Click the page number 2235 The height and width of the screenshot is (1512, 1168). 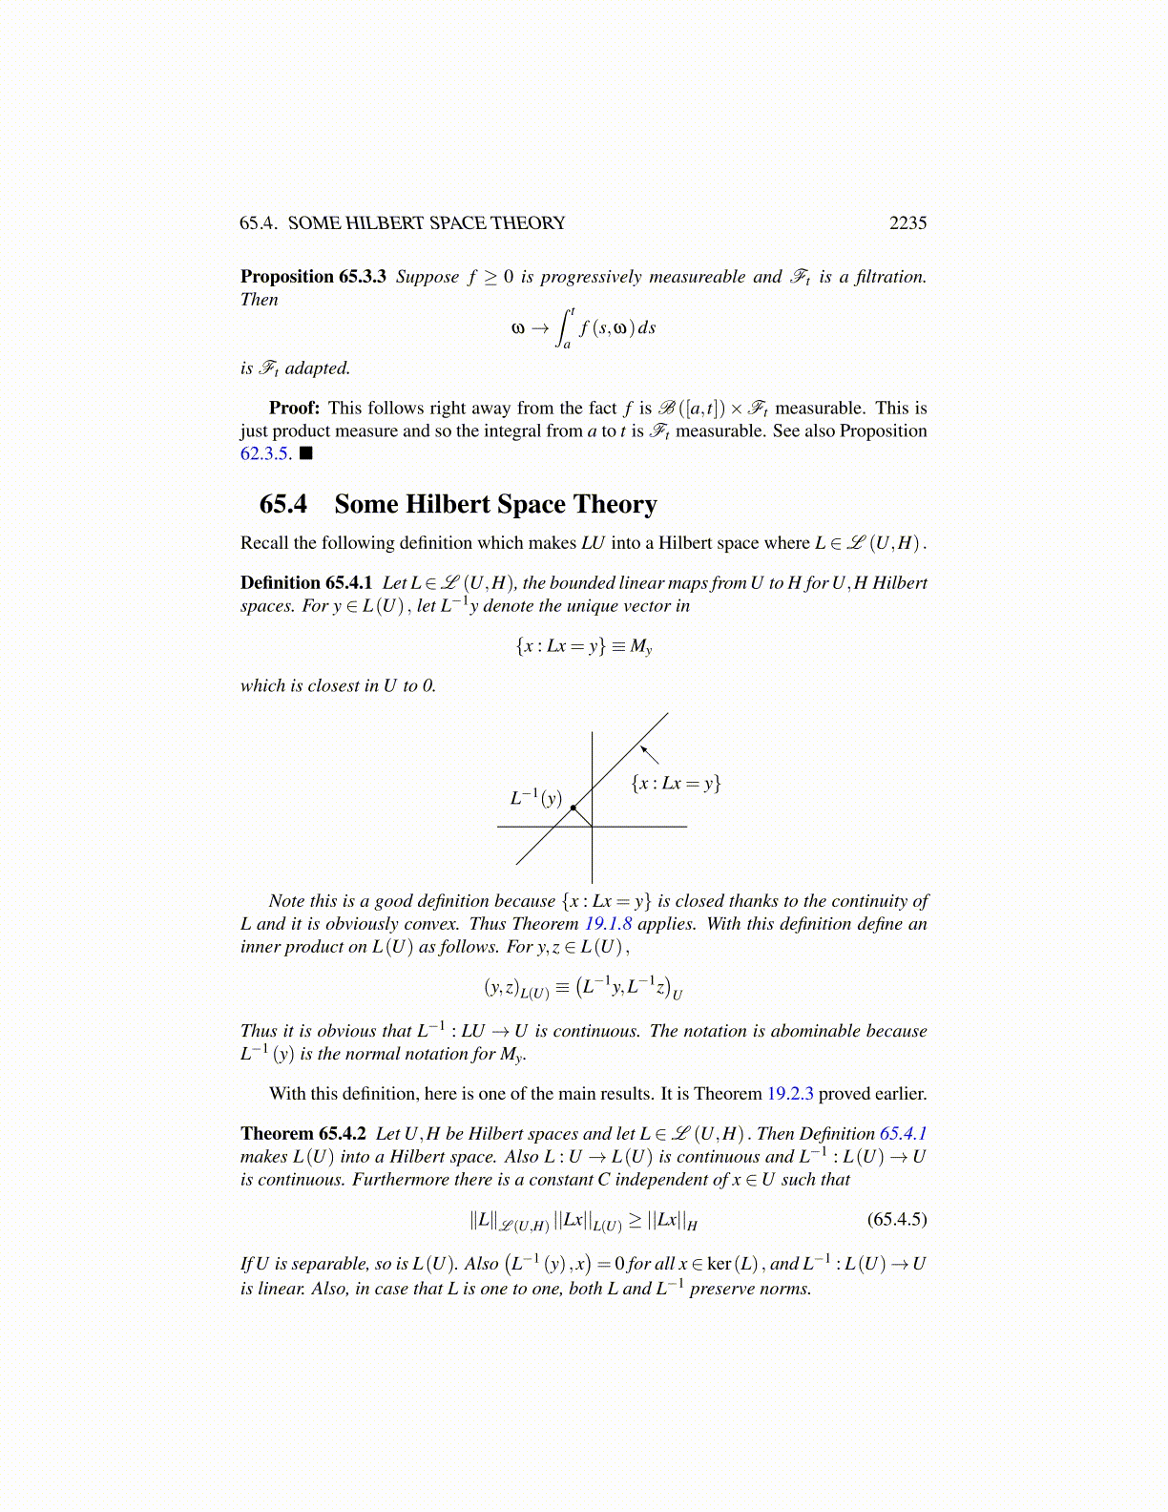pyautogui.click(x=907, y=222)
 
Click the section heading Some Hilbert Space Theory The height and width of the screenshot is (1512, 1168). pyautogui.click(x=495, y=504)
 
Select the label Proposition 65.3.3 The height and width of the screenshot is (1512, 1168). pyautogui.click(x=313, y=277)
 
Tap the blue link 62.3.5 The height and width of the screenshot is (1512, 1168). pyautogui.click(x=264, y=453)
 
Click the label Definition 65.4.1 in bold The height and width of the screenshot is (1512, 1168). pyautogui.click(x=306, y=582)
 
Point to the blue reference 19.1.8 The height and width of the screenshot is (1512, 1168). pyautogui.click(x=608, y=923)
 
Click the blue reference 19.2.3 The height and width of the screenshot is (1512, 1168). pyautogui.click(x=790, y=1093)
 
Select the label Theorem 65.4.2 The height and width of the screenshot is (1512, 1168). pyautogui.click(x=303, y=1133)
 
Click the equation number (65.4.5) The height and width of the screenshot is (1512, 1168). pyautogui.click(x=896, y=1219)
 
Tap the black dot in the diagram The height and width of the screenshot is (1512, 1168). pyautogui.click(x=573, y=808)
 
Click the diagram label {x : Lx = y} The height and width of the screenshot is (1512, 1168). pyautogui.click(x=676, y=784)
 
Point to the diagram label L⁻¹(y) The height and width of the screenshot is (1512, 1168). pyautogui.click(x=535, y=797)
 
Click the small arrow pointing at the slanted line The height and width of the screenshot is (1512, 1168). pyautogui.click(x=649, y=754)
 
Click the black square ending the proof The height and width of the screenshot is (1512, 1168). pyautogui.click(x=305, y=453)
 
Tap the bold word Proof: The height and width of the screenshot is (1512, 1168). pyautogui.click(x=294, y=408)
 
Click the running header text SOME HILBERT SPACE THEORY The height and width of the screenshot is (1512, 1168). pyautogui.click(x=427, y=222)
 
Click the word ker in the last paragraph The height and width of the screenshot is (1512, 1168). pyautogui.click(x=719, y=1264)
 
